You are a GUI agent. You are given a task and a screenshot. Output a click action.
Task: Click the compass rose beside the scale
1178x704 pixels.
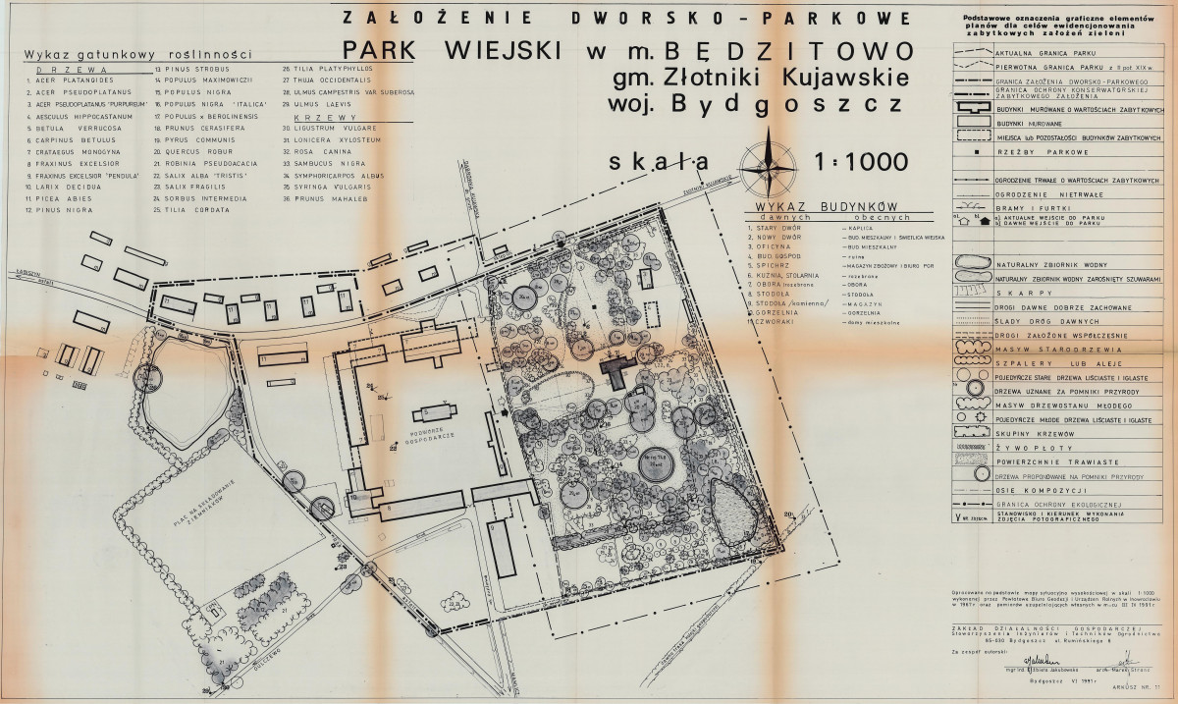point(771,163)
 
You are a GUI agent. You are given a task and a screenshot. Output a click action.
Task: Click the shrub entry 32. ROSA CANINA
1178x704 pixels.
point(314,153)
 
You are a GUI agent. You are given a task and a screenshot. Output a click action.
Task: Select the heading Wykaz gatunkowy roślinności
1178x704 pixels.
point(137,55)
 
